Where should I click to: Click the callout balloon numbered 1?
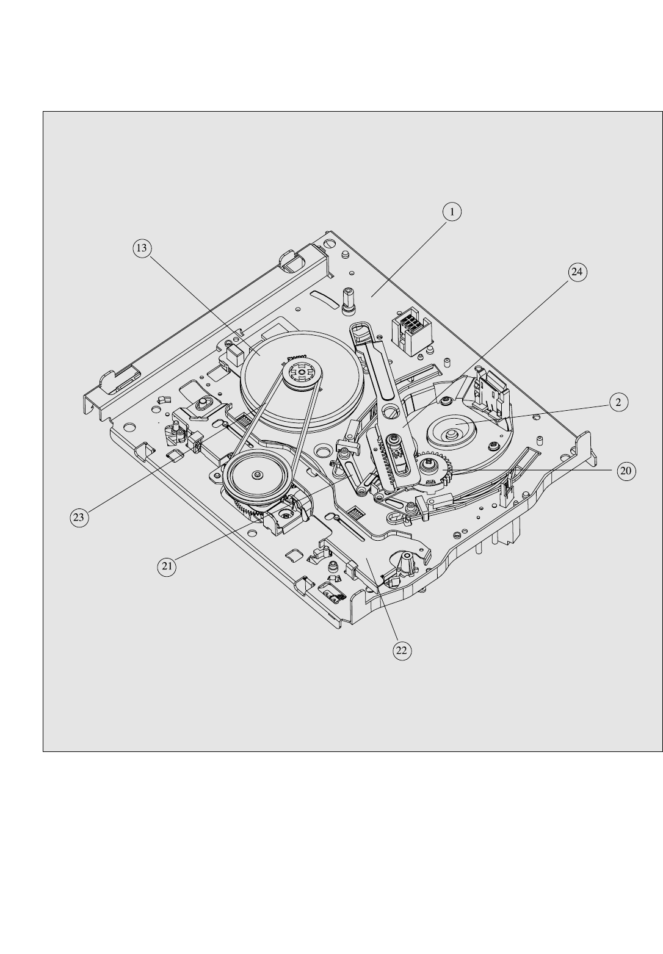point(452,212)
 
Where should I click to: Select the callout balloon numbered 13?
point(142,248)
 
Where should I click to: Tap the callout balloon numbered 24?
point(577,272)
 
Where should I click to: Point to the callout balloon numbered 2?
point(618,402)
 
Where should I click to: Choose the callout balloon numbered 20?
point(626,471)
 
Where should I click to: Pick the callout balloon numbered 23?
point(79,518)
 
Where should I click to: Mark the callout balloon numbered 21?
point(167,566)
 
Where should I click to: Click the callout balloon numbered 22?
point(402,651)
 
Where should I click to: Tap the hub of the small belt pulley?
point(257,474)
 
